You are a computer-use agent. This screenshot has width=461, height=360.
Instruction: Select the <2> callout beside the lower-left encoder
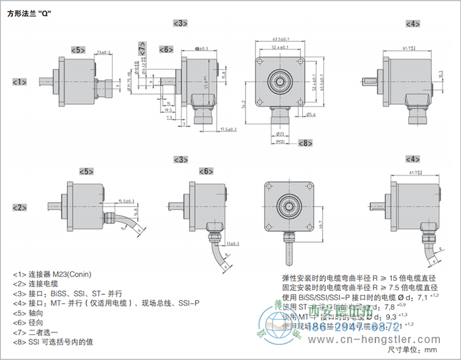click(x=20, y=207)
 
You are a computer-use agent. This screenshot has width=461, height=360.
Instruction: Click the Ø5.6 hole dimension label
click(x=311, y=113)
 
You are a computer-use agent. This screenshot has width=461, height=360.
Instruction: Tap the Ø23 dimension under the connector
click(x=273, y=134)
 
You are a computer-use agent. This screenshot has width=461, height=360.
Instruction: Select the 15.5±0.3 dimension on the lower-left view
click(x=126, y=201)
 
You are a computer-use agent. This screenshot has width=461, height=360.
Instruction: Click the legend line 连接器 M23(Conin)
click(x=52, y=274)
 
